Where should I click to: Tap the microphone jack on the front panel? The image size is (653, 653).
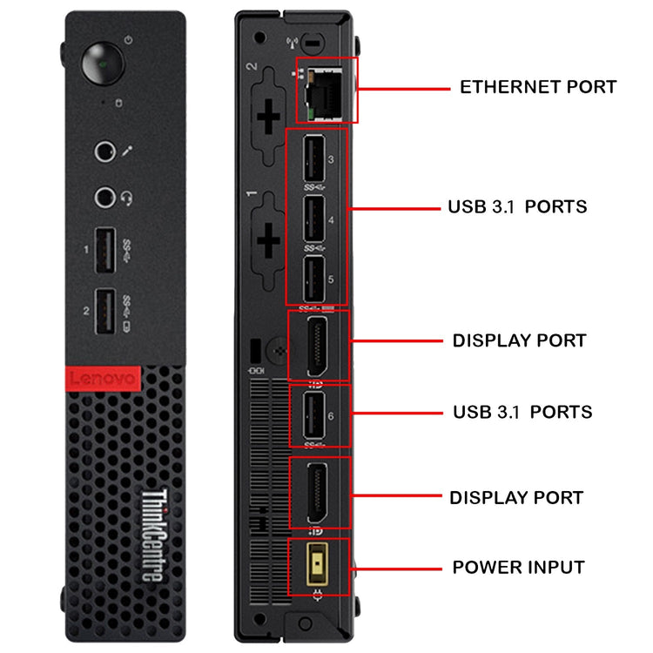[105, 152]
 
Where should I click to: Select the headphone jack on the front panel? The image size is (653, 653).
[105, 196]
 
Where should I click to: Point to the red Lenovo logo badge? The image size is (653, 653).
[101, 379]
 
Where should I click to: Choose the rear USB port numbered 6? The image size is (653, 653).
[315, 415]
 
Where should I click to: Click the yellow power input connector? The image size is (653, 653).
[318, 565]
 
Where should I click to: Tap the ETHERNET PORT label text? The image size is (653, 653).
[537, 87]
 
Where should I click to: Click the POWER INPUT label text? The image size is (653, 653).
[518, 568]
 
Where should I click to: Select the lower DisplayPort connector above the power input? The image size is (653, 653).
[317, 493]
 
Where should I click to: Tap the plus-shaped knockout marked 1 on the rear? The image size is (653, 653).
[268, 233]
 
